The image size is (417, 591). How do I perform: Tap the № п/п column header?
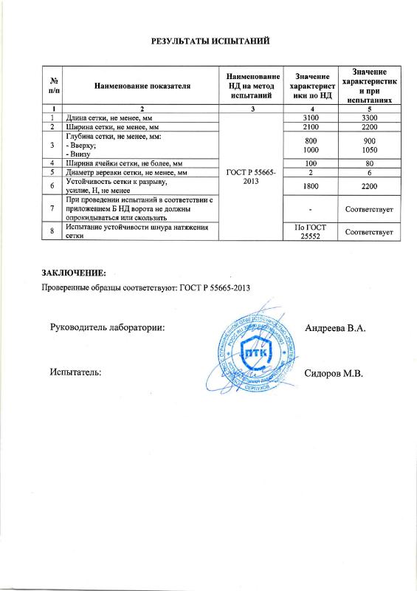pyautogui.click(x=53, y=86)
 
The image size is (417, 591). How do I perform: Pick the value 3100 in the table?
pyautogui.click(x=311, y=117)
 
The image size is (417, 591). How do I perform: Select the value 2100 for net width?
pyautogui.click(x=311, y=127)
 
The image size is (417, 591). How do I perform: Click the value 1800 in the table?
pyautogui.click(x=311, y=186)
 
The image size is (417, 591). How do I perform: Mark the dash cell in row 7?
pyautogui.click(x=311, y=210)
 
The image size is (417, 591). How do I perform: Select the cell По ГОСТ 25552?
pyautogui.click(x=311, y=233)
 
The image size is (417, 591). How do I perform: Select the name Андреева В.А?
pyautogui.click(x=335, y=327)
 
